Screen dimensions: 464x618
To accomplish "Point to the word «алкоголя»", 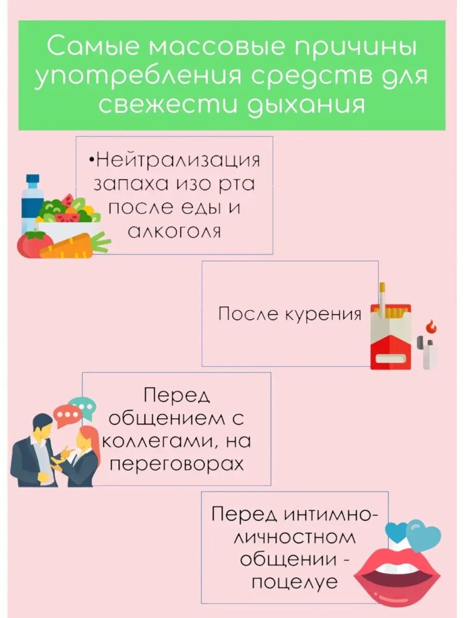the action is pos(174,232).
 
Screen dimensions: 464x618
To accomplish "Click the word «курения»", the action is pos(323,314).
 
